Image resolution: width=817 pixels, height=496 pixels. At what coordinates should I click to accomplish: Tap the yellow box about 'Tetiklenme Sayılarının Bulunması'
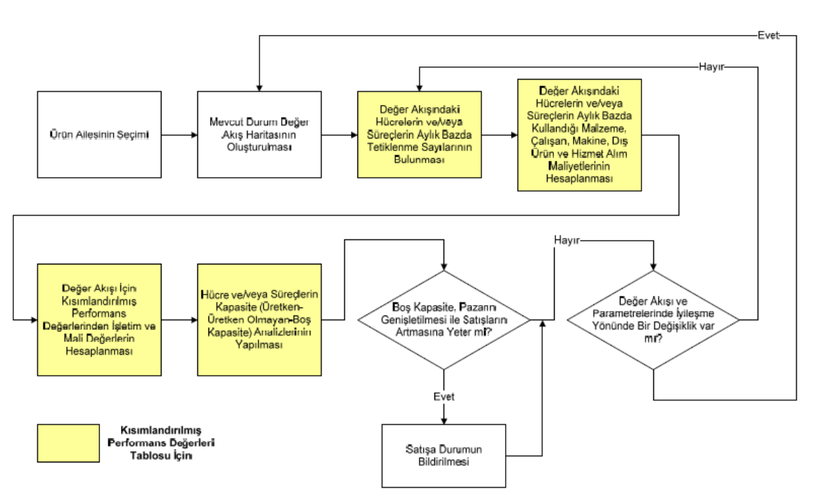click(x=420, y=134)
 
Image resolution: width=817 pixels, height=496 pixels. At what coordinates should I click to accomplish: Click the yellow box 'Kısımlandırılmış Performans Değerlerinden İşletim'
click(x=99, y=319)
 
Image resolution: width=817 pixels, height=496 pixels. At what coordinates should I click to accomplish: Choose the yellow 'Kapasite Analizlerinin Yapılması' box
click(x=260, y=319)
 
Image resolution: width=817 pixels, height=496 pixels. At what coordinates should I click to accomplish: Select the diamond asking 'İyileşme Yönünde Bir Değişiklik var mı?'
click(x=653, y=320)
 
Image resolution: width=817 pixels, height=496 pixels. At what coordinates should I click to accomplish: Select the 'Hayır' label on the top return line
click(x=711, y=67)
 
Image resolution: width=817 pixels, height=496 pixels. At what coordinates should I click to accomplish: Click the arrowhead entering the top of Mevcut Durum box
click(x=259, y=87)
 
